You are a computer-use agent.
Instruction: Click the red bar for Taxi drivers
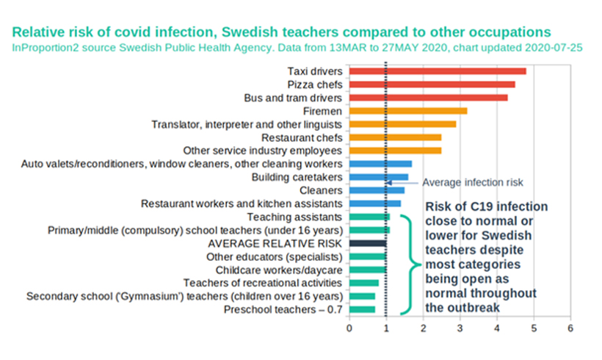point(438,71)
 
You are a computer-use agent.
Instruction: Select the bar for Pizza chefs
point(432,84)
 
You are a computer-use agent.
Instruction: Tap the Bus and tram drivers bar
point(428,98)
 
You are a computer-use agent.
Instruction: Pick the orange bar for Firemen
point(408,111)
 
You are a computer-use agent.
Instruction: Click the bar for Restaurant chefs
point(395,137)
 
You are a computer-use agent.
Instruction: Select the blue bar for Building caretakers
point(378,177)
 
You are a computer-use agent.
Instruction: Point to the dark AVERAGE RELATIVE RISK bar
point(367,243)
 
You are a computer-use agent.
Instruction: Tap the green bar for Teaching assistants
point(369,217)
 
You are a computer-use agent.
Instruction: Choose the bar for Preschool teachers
point(362,309)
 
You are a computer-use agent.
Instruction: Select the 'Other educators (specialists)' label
point(274,256)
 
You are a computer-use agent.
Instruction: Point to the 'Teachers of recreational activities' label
point(262,283)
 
